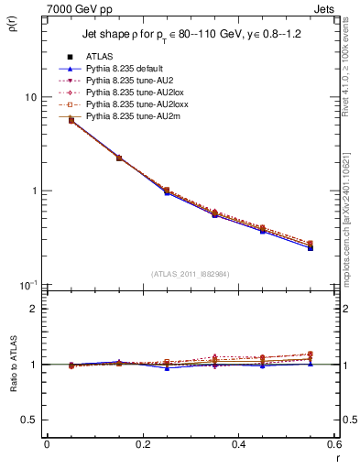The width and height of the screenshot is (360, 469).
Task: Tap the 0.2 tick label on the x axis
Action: [x=142, y=443]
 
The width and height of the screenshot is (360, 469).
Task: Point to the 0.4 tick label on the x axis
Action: [x=238, y=443]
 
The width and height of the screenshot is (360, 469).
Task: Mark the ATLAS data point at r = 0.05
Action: [x=71, y=120]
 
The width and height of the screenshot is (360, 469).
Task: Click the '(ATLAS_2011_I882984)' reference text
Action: [x=190, y=274]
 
